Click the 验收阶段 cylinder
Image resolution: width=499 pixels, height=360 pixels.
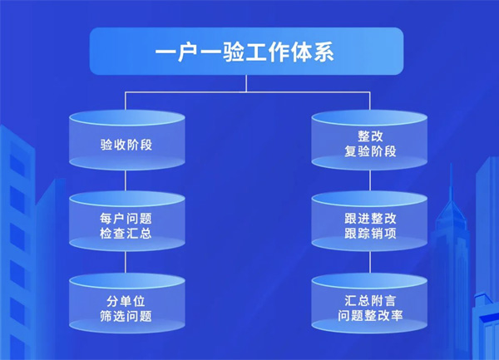(x=126, y=143)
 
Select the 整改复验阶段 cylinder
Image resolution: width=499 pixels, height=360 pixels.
(x=369, y=143)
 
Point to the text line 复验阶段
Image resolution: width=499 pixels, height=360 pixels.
(x=369, y=151)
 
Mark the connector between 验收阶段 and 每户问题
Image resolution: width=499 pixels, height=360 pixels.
(x=126, y=181)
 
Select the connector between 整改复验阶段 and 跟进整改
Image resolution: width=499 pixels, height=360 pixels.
(x=369, y=181)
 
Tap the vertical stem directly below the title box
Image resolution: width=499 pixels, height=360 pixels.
(x=247, y=82)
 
